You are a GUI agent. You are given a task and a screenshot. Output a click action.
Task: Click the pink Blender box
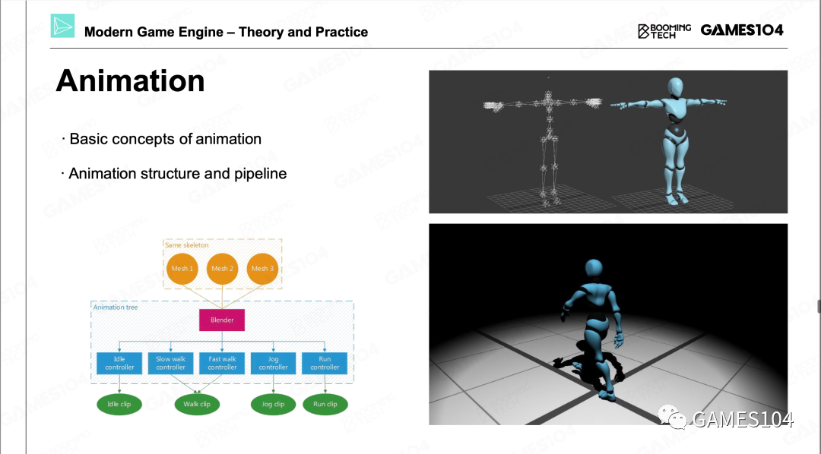point(222,320)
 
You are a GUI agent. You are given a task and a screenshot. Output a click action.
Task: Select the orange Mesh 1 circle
point(182,268)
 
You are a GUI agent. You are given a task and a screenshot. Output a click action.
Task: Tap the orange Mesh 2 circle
point(222,268)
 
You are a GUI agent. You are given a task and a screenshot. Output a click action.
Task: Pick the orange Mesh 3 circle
point(262,268)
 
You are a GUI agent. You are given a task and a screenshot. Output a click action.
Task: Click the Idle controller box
point(119,363)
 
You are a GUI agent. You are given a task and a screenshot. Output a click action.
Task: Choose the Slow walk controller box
point(171,363)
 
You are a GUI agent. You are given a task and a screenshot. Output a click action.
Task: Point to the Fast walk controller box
point(222,363)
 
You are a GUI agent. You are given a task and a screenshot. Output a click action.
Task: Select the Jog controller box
point(274,363)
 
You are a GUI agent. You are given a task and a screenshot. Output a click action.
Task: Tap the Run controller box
point(325,363)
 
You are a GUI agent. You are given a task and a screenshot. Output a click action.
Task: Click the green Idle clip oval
point(119,405)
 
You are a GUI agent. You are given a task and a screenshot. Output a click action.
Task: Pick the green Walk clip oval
point(197,405)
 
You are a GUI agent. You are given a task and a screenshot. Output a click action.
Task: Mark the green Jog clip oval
point(274,405)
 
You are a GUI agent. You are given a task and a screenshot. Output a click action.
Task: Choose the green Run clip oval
point(325,405)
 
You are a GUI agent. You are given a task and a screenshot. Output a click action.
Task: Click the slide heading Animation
point(131,81)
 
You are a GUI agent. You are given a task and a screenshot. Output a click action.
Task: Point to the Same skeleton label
point(186,244)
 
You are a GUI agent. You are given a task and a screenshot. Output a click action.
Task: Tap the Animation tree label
point(116,307)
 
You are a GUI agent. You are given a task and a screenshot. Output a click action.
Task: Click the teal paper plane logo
point(62,26)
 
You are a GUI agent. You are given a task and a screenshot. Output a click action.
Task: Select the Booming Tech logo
point(664,31)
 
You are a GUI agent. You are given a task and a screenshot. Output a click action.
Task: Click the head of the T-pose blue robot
point(676,87)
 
